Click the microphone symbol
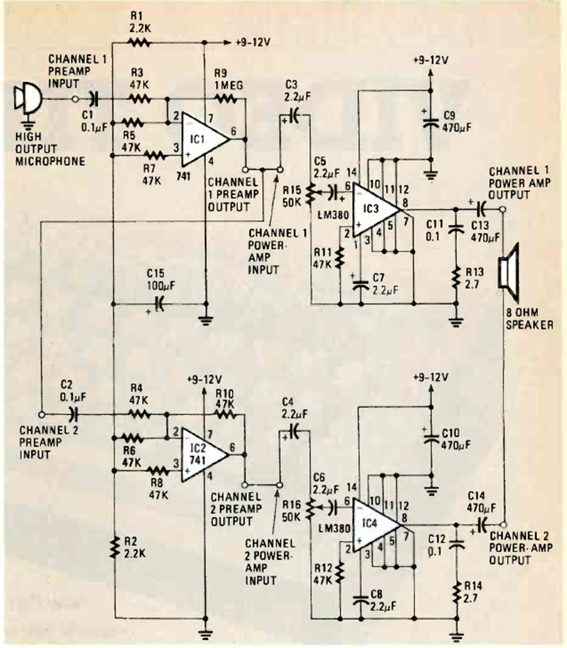[28, 99]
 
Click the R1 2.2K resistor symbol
[140, 44]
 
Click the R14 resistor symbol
[456, 593]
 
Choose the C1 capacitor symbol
[94, 99]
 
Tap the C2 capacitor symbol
[73, 414]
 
